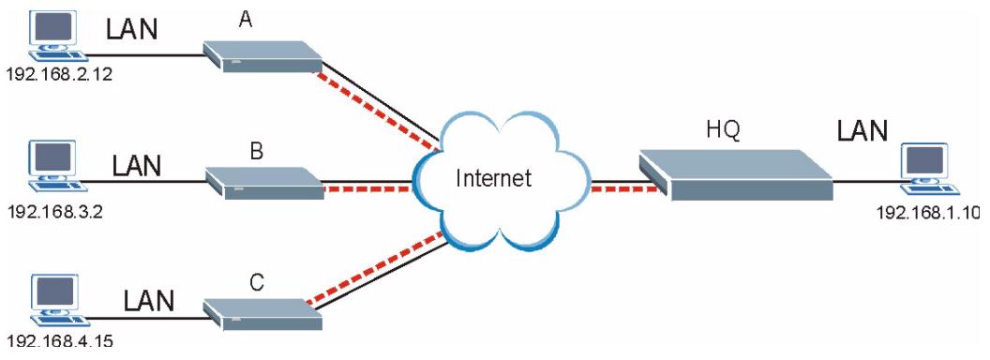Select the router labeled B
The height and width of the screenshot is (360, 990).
[263, 182]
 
